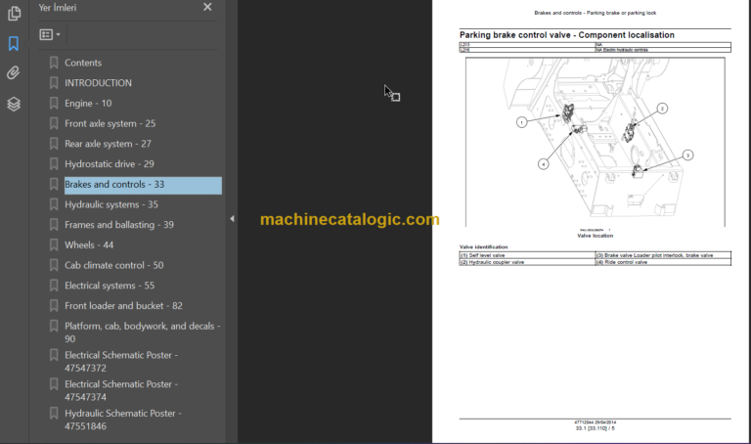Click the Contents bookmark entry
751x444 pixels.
tap(82, 63)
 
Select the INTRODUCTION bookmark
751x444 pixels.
tap(98, 83)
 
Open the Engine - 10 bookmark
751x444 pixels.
tap(88, 104)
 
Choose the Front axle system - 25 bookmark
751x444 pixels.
tap(110, 124)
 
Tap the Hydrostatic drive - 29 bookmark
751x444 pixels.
tap(109, 164)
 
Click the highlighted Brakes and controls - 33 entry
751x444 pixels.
tap(113, 185)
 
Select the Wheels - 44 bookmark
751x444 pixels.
tap(89, 245)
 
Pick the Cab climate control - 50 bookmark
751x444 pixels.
tap(113, 265)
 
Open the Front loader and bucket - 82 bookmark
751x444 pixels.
tap(123, 306)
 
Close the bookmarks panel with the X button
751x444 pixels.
tap(207, 7)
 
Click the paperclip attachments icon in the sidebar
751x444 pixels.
tap(13, 73)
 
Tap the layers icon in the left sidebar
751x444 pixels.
tap(13, 104)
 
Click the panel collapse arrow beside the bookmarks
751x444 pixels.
tap(231, 219)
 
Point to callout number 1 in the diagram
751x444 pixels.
tap(522, 122)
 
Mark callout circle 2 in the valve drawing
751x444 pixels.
tap(662, 109)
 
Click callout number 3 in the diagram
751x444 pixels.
tap(687, 155)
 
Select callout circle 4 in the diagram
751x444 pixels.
tap(543, 164)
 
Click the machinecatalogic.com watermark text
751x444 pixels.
tap(349, 220)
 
